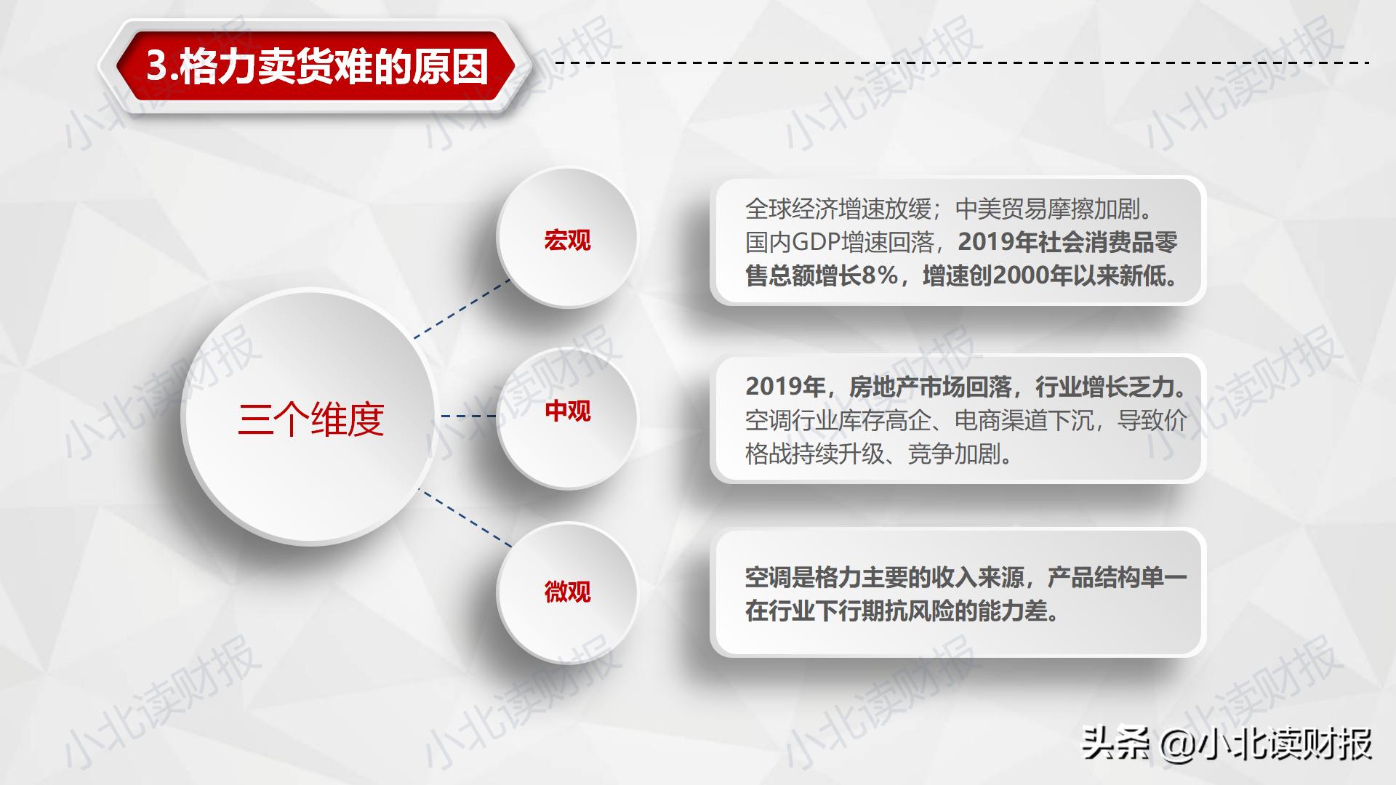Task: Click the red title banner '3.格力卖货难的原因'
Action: click(x=317, y=67)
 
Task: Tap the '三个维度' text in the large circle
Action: click(x=310, y=419)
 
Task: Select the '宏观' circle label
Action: click(x=567, y=240)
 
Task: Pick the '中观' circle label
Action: click(x=567, y=411)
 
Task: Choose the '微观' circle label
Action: click(x=567, y=592)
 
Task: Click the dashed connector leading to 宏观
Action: click(x=462, y=308)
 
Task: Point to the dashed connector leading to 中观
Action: click(x=468, y=416)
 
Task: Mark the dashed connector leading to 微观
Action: click(x=465, y=518)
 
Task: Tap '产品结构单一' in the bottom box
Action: click(x=1117, y=578)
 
